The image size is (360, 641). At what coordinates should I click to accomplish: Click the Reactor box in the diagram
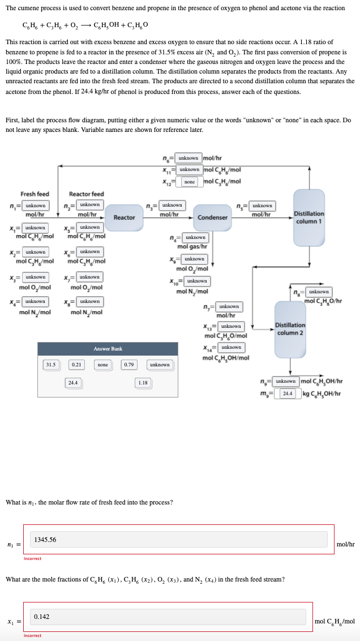124,217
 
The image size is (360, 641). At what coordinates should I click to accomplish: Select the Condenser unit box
212,217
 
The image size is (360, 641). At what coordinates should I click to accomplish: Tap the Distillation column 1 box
308,217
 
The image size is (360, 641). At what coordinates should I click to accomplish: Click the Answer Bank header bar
108,349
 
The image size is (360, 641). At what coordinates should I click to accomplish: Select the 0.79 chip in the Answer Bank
129,365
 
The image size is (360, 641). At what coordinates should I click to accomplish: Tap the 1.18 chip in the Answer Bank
143,383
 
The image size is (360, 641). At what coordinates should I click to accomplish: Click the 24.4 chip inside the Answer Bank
73,383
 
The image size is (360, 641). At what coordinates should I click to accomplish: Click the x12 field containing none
190,182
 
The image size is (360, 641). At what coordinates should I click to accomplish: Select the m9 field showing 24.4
288,393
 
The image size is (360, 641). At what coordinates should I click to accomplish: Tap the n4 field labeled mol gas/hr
195,237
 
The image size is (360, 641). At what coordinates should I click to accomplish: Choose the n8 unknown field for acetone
319,292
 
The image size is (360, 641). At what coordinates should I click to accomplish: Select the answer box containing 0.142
168,617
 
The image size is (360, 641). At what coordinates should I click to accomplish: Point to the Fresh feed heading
35,194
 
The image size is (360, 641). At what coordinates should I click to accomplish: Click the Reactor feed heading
86,194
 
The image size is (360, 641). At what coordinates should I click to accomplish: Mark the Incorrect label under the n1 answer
32,558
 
